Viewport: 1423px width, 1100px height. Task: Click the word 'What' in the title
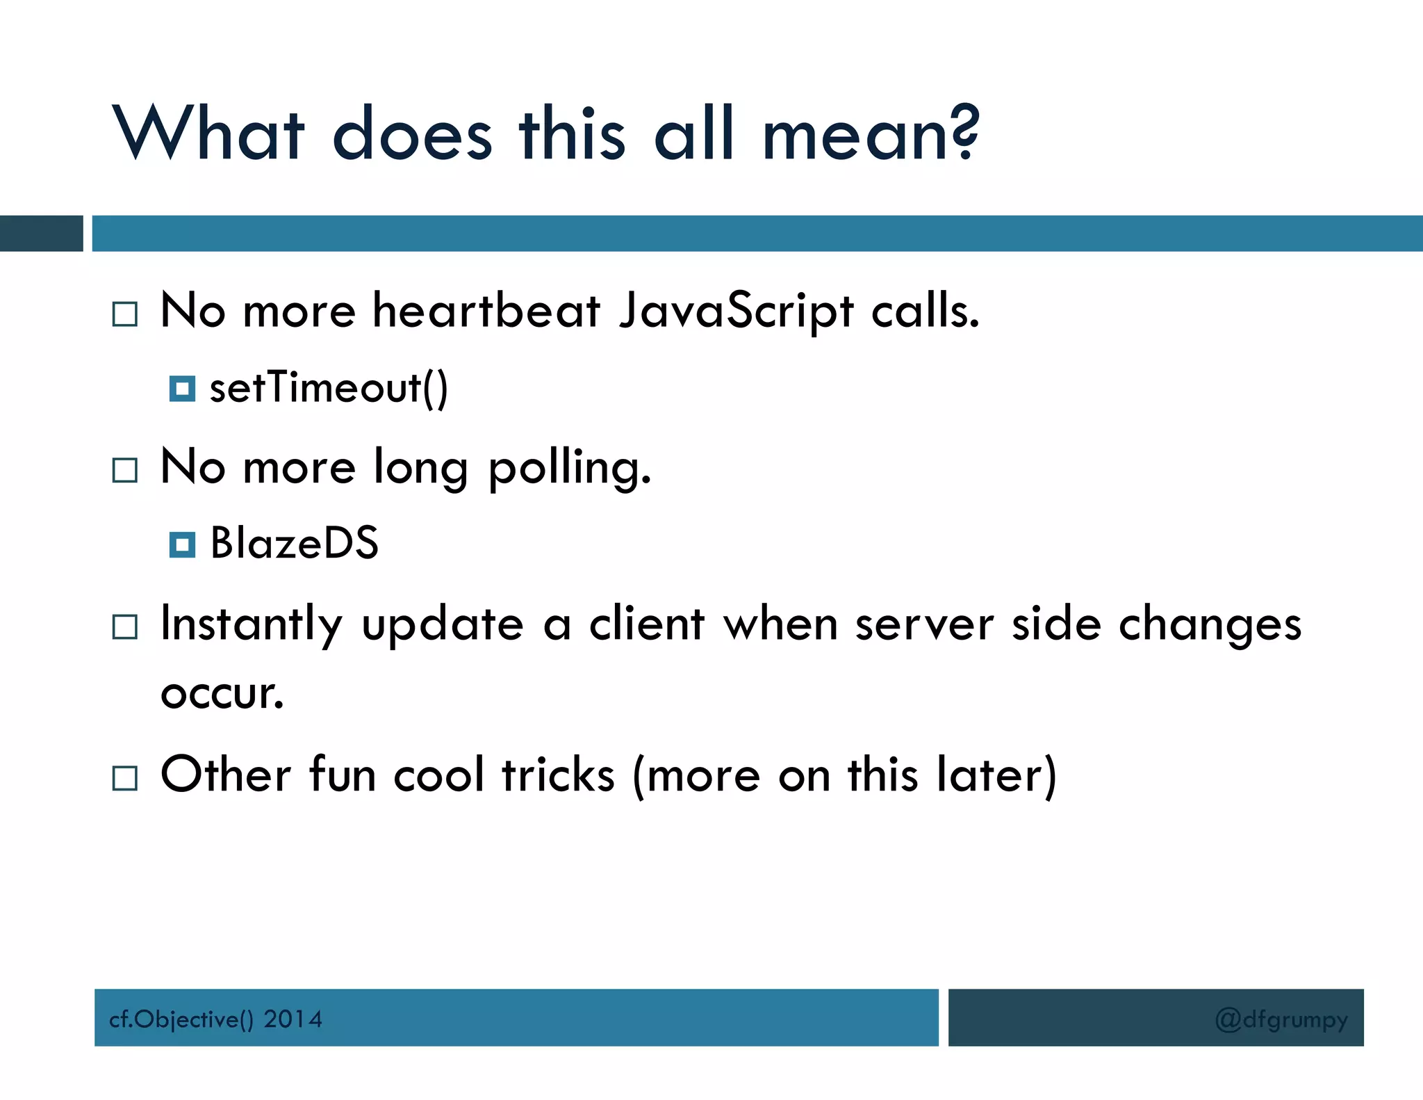(x=208, y=134)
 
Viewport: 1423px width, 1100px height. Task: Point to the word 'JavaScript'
(x=736, y=312)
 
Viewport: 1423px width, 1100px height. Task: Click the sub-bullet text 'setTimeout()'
(x=329, y=388)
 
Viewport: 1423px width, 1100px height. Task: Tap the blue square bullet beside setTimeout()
(x=182, y=389)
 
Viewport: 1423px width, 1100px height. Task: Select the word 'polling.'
(x=570, y=467)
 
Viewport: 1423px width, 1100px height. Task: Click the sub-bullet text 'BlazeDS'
(x=294, y=543)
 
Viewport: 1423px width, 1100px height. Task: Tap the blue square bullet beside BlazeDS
(x=182, y=544)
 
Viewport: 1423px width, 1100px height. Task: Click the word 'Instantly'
(x=251, y=624)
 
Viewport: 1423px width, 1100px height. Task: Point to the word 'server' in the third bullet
(x=924, y=624)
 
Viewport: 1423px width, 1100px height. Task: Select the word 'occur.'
(x=222, y=694)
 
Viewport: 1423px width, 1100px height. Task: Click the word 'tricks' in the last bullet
(x=558, y=775)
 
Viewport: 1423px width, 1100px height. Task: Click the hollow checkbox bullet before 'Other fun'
(x=125, y=778)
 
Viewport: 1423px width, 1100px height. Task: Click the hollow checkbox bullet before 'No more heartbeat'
(x=125, y=314)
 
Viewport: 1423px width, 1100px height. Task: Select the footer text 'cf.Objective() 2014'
(x=215, y=1019)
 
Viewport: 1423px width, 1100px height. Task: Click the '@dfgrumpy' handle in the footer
(x=1281, y=1019)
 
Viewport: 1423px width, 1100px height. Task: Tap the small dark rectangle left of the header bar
(x=41, y=234)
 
